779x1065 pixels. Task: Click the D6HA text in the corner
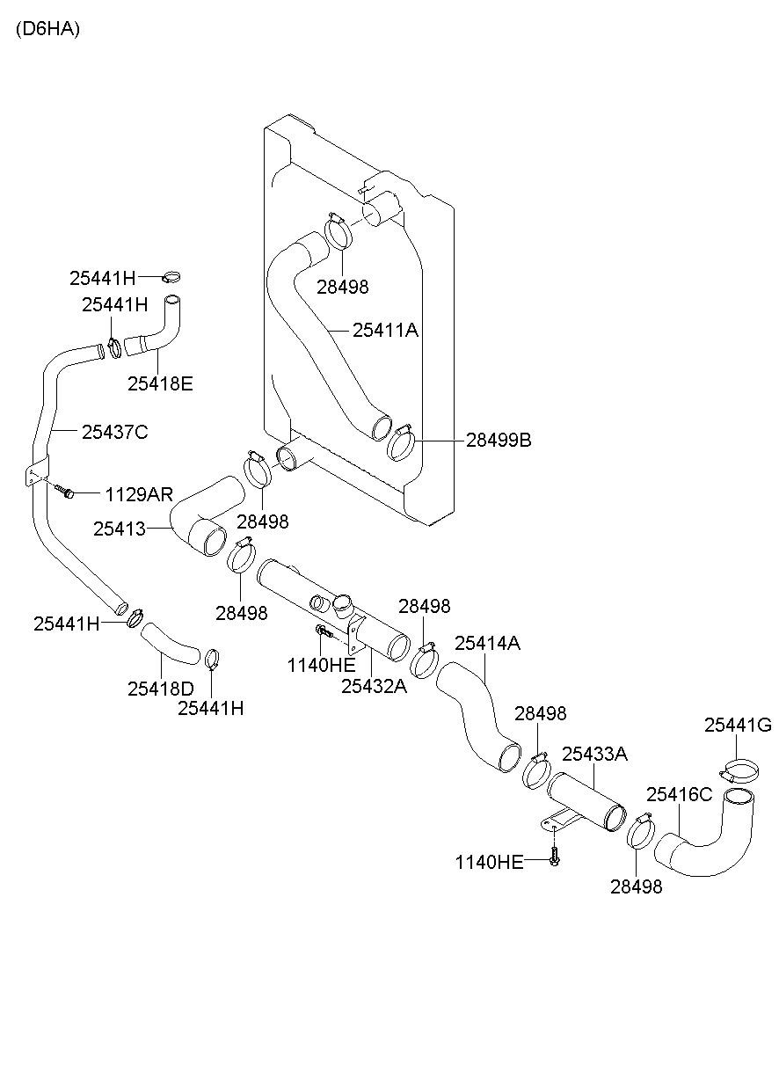47,29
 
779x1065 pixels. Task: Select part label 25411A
385,331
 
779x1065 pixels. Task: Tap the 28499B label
499,440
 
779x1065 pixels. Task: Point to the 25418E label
160,383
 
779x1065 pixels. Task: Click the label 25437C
114,432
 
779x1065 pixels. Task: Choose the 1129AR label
139,493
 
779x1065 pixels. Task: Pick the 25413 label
119,528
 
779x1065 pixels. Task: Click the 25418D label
160,689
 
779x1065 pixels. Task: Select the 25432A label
375,685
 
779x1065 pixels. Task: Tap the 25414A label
487,643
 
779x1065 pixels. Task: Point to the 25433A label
594,754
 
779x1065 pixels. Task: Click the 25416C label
679,794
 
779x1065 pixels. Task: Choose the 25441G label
738,725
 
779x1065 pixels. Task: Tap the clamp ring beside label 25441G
740,771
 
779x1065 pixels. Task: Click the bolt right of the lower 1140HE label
554,857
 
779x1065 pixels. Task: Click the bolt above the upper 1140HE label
323,631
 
